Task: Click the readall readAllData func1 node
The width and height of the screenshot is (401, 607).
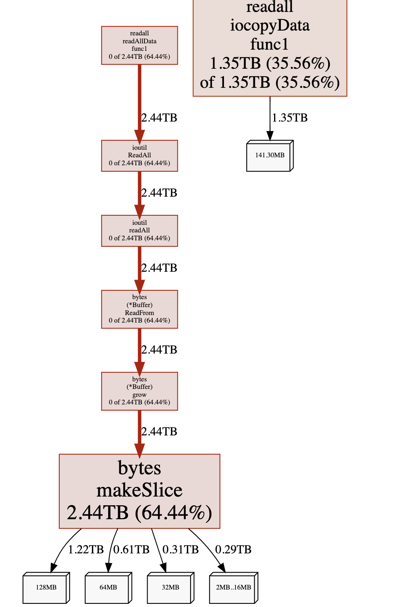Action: click(139, 45)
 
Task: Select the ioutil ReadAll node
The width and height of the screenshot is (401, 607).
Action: click(139, 156)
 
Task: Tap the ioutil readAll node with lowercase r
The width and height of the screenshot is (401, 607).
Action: click(139, 231)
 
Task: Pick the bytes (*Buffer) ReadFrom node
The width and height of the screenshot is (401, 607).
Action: click(139, 309)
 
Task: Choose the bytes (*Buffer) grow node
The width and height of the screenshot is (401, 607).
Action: click(139, 391)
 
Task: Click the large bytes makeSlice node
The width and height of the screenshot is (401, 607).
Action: click(139, 491)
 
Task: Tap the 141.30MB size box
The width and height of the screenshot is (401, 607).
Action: click(269, 156)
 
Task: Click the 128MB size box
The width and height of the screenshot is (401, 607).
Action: click(46, 588)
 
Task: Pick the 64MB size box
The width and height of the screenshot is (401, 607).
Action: click(108, 588)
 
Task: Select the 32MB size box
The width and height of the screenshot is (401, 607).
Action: click(170, 588)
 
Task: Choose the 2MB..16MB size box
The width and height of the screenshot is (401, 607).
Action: click(233, 588)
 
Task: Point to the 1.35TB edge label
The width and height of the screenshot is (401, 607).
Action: click(290, 118)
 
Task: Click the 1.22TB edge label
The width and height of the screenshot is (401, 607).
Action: click(86, 549)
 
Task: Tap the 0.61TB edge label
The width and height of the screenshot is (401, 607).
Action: click(131, 549)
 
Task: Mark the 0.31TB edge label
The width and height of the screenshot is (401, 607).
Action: click(181, 549)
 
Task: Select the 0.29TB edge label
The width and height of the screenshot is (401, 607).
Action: click(233, 549)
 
